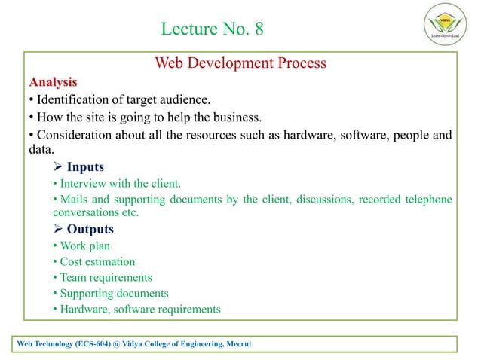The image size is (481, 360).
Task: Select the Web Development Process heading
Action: [240, 63]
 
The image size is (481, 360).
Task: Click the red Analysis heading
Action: [52, 81]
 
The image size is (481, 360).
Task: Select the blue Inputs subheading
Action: [85, 167]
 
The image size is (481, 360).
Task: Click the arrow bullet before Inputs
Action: [57, 167]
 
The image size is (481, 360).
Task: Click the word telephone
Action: [427, 199]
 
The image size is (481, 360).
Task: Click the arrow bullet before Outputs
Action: [57, 230]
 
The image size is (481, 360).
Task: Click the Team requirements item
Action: [101, 278]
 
